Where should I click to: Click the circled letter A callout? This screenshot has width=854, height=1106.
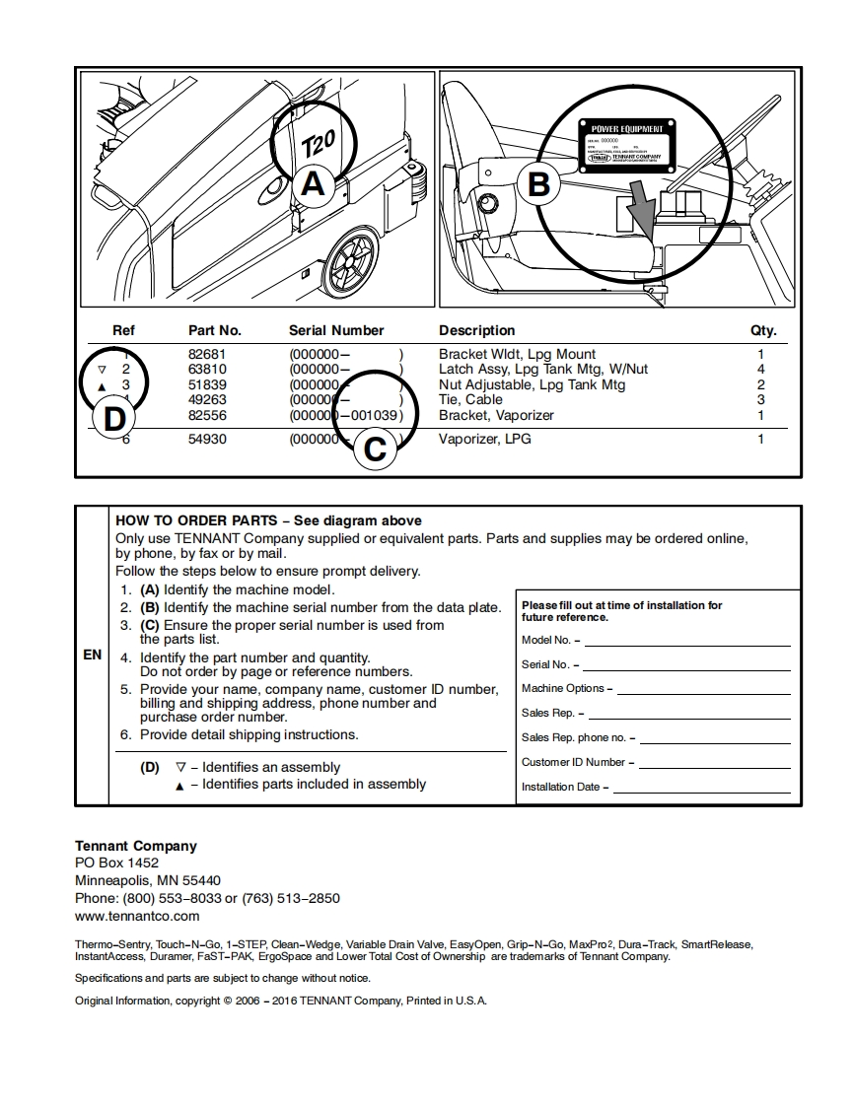point(312,184)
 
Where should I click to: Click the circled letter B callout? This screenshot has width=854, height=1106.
point(538,184)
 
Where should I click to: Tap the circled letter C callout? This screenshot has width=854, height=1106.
point(375,449)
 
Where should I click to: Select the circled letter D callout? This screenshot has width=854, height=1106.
point(114,418)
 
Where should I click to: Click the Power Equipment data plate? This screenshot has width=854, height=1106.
point(626,144)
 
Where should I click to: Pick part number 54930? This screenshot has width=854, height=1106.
point(207,439)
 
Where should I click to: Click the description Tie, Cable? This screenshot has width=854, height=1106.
point(470,399)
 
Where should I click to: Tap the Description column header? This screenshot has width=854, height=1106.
point(476,330)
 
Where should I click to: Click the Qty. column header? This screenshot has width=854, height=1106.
point(762,330)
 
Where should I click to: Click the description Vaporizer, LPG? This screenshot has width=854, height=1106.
point(484,439)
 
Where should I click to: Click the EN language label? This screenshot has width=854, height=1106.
point(92,655)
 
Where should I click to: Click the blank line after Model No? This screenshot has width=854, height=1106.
point(687,641)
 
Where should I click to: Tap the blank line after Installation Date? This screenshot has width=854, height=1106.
point(701,787)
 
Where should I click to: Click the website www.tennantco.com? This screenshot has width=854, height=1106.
point(137,916)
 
